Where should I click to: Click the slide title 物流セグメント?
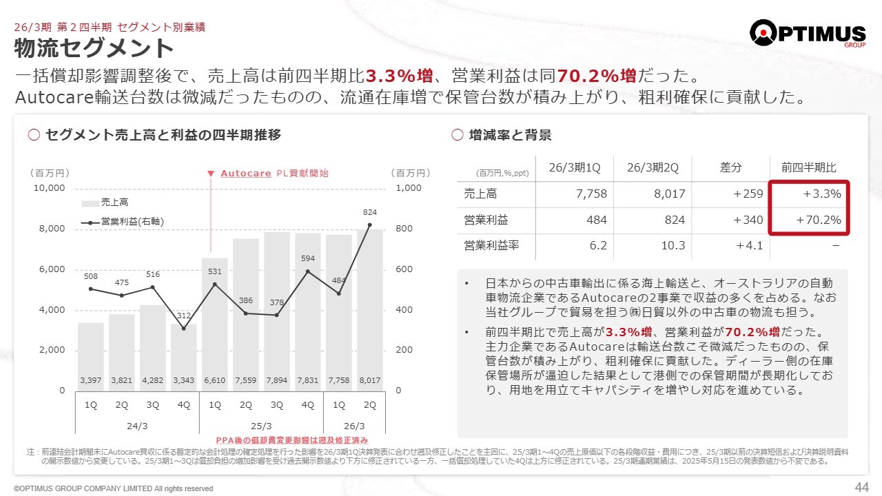click(94, 48)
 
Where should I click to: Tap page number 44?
click(861, 487)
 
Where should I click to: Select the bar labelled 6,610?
click(214, 324)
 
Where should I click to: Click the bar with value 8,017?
click(370, 310)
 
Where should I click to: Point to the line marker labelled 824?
click(370, 225)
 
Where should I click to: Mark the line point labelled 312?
click(183, 328)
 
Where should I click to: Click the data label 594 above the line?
click(308, 258)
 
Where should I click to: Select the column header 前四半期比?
click(808, 168)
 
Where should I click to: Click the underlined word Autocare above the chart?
click(245, 174)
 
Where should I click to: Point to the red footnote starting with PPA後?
click(292, 440)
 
